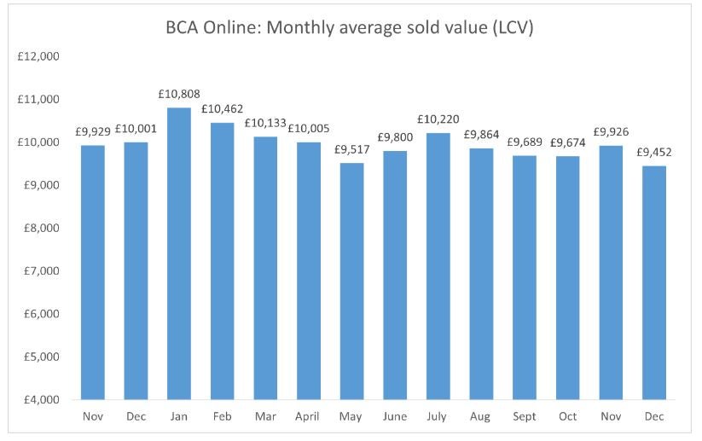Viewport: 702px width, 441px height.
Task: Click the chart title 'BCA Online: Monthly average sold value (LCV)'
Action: (x=350, y=28)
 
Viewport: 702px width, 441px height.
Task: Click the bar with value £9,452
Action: (x=654, y=282)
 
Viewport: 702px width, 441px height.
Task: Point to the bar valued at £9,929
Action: (x=93, y=272)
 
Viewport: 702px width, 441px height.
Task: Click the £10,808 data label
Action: (x=179, y=93)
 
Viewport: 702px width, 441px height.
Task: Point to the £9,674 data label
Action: (x=568, y=142)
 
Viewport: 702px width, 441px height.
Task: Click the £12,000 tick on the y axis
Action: (x=38, y=57)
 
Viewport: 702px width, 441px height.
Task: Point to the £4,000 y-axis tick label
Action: (x=39, y=399)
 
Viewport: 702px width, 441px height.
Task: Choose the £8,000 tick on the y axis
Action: (x=39, y=229)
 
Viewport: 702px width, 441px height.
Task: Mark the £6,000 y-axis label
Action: (x=39, y=314)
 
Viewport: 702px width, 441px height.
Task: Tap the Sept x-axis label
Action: (x=525, y=417)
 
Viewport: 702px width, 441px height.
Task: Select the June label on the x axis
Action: (x=395, y=417)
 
